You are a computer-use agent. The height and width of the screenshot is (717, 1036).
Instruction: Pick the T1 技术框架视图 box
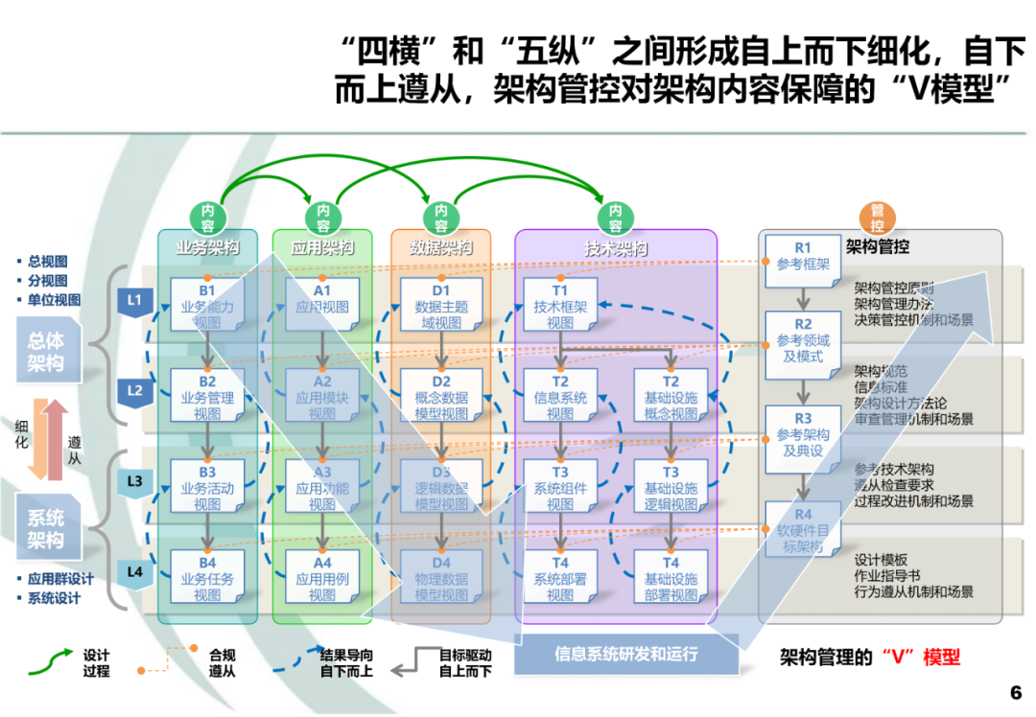[560, 305]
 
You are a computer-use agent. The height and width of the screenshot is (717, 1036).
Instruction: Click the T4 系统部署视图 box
[560, 578]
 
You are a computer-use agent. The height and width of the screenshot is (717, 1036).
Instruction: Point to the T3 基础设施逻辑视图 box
[671, 488]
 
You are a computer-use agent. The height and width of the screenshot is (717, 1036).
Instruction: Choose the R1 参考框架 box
[803, 257]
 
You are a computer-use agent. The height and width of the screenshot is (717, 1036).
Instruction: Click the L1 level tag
[134, 301]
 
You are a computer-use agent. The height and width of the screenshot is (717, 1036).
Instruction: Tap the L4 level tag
[134, 572]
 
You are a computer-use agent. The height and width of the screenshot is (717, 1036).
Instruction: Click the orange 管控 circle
[877, 218]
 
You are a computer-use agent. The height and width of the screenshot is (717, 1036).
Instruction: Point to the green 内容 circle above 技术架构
[615, 218]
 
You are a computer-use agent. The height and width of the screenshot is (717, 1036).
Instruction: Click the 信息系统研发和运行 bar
[626, 655]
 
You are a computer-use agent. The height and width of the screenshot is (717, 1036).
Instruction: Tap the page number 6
[1016, 692]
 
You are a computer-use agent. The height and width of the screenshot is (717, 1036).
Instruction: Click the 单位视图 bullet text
[54, 300]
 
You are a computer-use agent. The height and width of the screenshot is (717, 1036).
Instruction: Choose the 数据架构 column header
[440, 248]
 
